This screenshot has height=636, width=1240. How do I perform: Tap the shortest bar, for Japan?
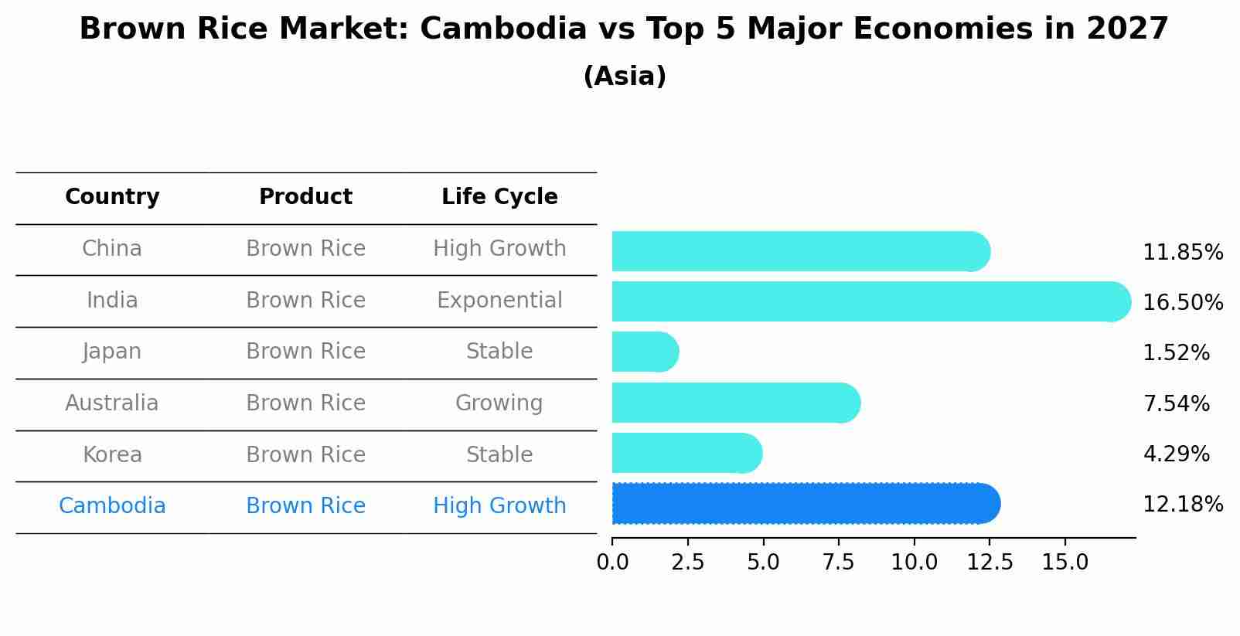tap(645, 352)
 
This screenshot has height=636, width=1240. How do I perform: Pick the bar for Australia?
tap(735, 403)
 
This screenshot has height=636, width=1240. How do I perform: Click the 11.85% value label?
tap(1183, 253)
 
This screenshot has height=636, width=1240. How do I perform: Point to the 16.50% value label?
tap(1183, 302)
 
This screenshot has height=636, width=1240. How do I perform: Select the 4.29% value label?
tap(1176, 454)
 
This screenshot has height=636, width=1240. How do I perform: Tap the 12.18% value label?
tap(1183, 505)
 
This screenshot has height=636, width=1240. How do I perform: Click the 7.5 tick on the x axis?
tap(839, 563)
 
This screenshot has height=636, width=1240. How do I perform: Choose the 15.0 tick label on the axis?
tap(1065, 563)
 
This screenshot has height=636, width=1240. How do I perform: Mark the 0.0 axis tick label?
tap(612, 563)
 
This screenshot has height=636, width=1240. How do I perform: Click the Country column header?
tap(112, 197)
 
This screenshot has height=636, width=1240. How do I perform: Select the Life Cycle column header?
tap(499, 197)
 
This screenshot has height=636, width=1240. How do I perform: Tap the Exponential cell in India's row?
tap(499, 301)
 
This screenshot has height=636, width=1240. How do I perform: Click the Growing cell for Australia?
tap(499, 403)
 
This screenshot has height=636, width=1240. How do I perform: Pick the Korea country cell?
tap(112, 455)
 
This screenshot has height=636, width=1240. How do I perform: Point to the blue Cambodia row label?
tap(112, 506)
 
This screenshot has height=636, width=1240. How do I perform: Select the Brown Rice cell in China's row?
tap(305, 249)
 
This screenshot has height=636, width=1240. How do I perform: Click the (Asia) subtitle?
tap(625, 77)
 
